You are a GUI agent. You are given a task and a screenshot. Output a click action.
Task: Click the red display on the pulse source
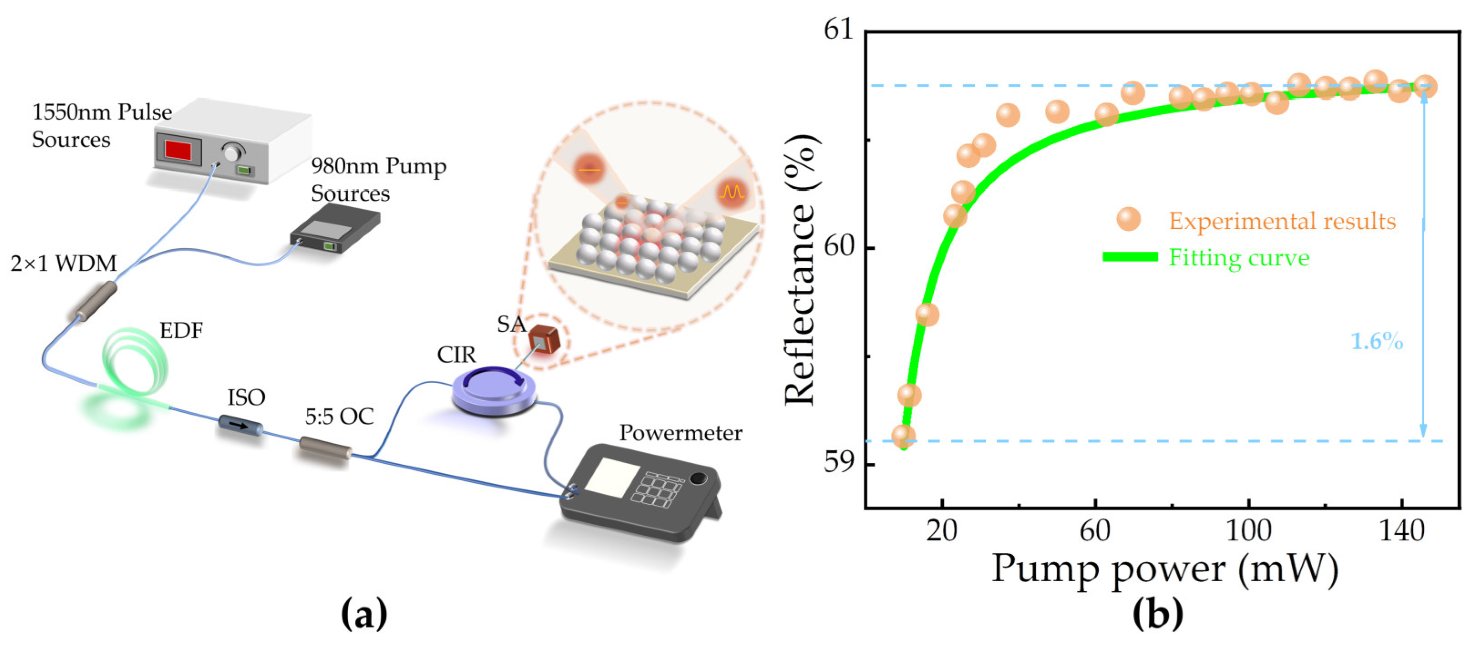[x=178, y=150]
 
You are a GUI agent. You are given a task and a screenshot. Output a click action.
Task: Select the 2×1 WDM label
[x=63, y=263]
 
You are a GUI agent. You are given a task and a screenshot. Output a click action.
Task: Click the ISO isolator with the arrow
[x=240, y=426]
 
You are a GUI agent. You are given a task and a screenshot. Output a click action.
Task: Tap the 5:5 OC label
[x=339, y=417]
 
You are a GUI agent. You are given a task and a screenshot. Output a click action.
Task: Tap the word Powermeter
[x=681, y=433]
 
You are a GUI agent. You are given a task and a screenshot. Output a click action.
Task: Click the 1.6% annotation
[x=1376, y=341]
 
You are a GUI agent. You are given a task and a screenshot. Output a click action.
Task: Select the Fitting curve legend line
[x=1130, y=257]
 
